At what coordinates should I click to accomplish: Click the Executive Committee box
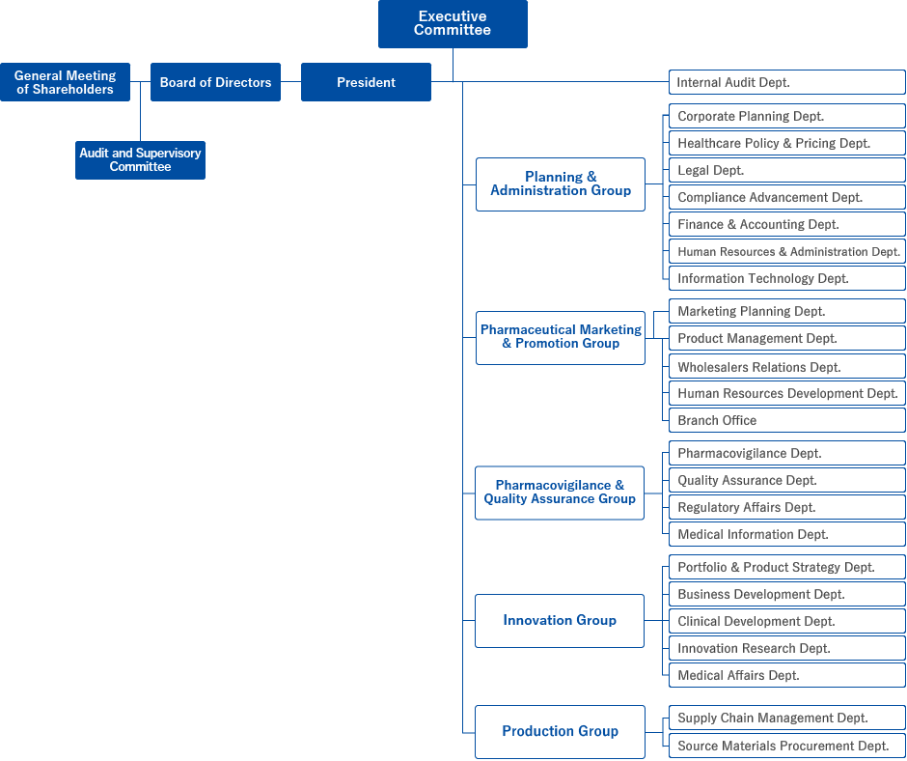(x=453, y=24)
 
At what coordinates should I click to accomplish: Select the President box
(x=366, y=82)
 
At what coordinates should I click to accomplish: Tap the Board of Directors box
(x=215, y=82)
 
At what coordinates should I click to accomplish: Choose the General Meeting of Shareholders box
(x=65, y=82)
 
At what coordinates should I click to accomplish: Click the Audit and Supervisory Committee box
(x=140, y=160)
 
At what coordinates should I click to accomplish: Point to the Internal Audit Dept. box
(x=787, y=82)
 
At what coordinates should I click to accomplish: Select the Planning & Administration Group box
(x=561, y=184)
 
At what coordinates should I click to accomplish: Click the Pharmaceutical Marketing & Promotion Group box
(x=561, y=338)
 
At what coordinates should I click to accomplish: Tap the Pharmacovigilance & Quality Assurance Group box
(x=560, y=493)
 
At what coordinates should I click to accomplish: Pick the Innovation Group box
(x=560, y=621)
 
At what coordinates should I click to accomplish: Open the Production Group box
(x=560, y=732)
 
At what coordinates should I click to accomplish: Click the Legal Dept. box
(x=787, y=170)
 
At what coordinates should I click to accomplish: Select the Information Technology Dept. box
(x=787, y=278)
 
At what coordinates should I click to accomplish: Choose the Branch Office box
(x=787, y=420)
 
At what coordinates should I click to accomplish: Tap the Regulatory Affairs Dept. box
(x=787, y=507)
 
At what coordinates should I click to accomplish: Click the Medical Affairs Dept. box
(x=787, y=675)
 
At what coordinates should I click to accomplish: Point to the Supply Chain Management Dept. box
(x=787, y=719)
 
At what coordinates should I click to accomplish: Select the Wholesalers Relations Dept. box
(x=787, y=367)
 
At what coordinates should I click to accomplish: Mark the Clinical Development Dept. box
(x=787, y=621)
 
